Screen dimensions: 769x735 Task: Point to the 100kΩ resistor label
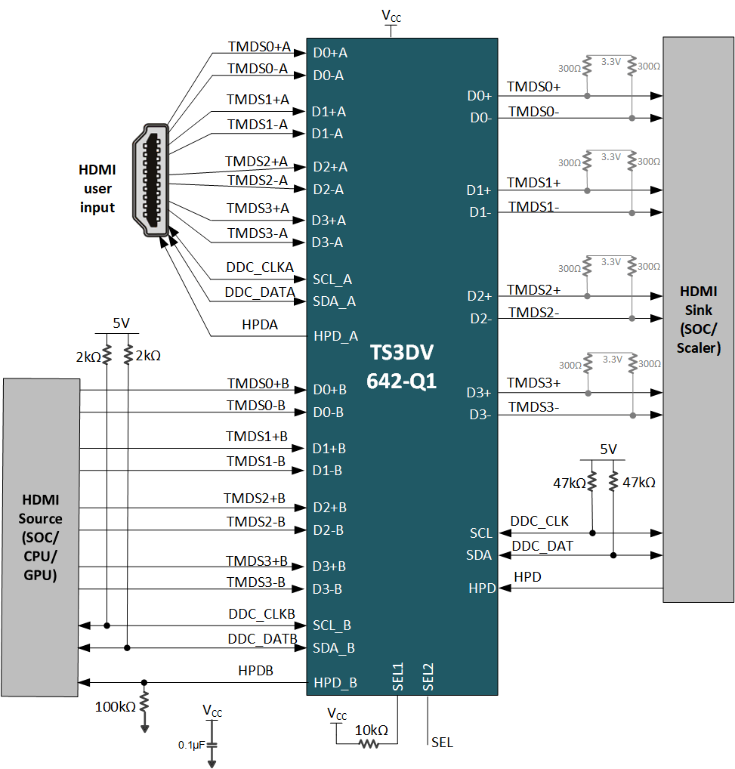click(x=116, y=707)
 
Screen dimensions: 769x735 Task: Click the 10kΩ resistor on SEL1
click(x=368, y=744)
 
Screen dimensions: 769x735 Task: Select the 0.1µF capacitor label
click(x=190, y=745)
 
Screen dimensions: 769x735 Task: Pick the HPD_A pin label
click(x=335, y=336)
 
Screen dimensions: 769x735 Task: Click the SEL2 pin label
click(x=428, y=677)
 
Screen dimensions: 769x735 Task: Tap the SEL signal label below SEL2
click(x=442, y=743)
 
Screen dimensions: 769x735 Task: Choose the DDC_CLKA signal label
click(x=260, y=267)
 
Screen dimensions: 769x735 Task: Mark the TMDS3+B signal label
click(x=257, y=561)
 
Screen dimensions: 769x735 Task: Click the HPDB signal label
click(x=256, y=670)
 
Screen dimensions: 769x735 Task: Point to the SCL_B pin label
click(x=333, y=625)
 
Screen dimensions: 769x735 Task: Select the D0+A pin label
click(x=330, y=53)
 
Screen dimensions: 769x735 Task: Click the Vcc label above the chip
click(x=391, y=16)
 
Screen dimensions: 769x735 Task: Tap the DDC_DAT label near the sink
click(x=542, y=545)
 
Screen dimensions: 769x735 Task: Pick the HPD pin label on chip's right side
click(x=480, y=588)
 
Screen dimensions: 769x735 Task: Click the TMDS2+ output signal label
click(x=533, y=289)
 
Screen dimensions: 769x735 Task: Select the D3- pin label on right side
click(x=480, y=414)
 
